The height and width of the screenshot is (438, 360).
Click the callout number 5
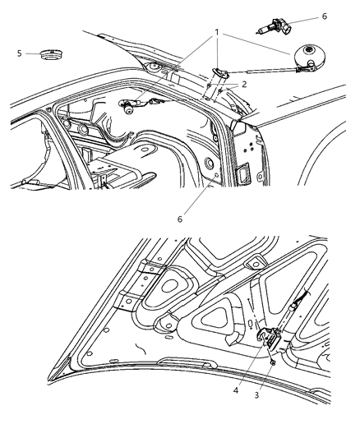pyautogui.click(x=19, y=53)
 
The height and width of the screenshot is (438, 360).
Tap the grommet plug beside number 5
pyautogui.click(x=51, y=54)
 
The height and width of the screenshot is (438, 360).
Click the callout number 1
pyautogui.click(x=217, y=33)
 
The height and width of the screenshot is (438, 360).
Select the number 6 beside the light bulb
pyautogui.click(x=325, y=16)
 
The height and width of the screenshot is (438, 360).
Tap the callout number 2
pyautogui.click(x=244, y=84)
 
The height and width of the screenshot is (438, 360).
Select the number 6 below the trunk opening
pyautogui.click(x=179, y=219)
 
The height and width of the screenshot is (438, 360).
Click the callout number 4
pyautogui.click(x=236, y=390)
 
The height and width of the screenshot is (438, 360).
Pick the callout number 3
pyautogui.click(x=256, y=395)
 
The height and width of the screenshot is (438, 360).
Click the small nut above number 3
pyautogui.click(x=273, y=363)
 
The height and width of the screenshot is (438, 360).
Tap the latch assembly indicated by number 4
pyautogui.click(x=269, y=338)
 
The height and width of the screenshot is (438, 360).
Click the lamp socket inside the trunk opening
pyautogui.click(x=128, y=107)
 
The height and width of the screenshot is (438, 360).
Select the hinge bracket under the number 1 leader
pyautogui.click(x=220, y=72)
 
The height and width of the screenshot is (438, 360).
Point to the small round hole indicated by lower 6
pyautogui.click(x=216, y=175)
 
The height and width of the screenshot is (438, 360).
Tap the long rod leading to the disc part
pyautogui.click(x=262, y=71)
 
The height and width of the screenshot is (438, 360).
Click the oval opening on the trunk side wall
pyautogui.click(x=210, y=163)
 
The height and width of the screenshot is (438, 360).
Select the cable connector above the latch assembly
pyautogui.click(x=293, y=307)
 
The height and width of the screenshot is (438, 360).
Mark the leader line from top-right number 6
pyautogui.click(x=303, y=20)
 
